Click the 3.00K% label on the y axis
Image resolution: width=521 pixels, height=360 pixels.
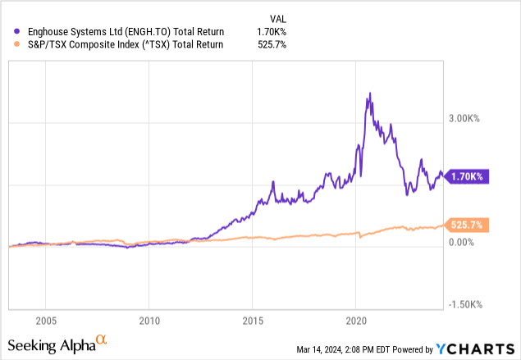tap(463, 119)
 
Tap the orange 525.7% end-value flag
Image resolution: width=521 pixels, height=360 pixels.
tap(465, 224)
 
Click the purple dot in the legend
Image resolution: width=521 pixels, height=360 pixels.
tap(8, 32)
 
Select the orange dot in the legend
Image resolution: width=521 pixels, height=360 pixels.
tap(8, 45)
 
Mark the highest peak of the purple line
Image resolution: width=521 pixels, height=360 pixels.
tap(370, 93)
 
